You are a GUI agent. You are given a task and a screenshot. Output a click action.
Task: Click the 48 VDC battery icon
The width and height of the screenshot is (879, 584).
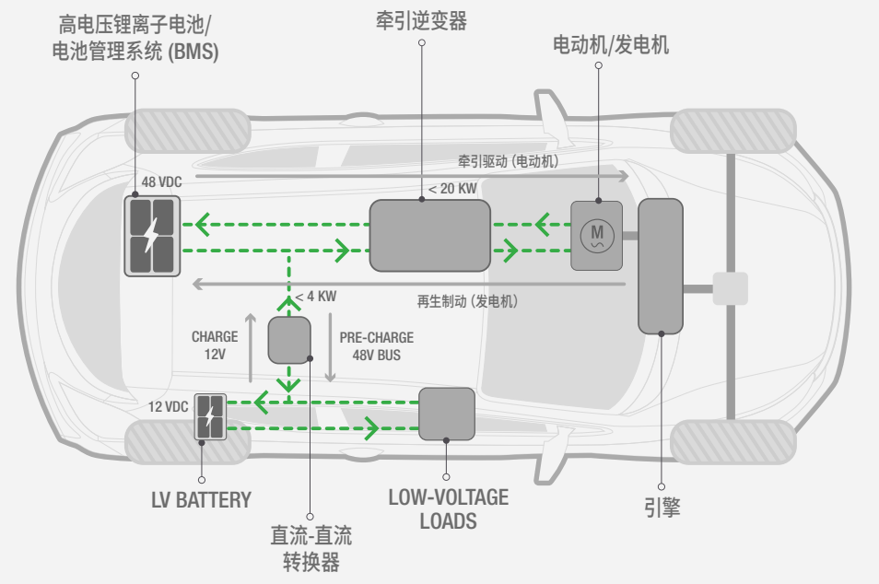153,235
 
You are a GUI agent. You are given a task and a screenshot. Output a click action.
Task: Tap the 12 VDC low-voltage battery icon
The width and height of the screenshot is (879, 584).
210,416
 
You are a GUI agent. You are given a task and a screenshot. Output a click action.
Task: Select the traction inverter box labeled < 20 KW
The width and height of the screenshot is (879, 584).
429,235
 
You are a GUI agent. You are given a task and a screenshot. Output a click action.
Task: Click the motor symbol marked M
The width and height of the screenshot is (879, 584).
596,235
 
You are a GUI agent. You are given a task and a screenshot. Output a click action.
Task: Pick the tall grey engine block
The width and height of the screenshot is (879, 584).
661,265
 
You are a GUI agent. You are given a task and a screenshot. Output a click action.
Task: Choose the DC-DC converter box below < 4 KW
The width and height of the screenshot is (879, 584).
289,340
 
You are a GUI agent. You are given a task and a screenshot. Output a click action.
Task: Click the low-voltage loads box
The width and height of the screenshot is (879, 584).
447,413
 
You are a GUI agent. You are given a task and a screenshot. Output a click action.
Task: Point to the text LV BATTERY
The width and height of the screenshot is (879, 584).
201,500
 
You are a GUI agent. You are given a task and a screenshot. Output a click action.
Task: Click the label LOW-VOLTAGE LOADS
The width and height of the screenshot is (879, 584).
448,508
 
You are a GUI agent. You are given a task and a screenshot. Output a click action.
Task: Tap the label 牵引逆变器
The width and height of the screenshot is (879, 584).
421,21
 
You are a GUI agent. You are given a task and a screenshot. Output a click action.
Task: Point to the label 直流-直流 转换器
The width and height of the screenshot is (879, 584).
311,549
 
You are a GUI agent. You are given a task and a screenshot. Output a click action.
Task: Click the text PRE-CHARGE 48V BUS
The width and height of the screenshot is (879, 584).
376,346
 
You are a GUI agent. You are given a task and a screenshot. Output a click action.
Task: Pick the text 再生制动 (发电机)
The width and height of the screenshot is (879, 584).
467,301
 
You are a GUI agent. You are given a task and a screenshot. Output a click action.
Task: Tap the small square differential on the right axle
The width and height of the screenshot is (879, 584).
730,288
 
